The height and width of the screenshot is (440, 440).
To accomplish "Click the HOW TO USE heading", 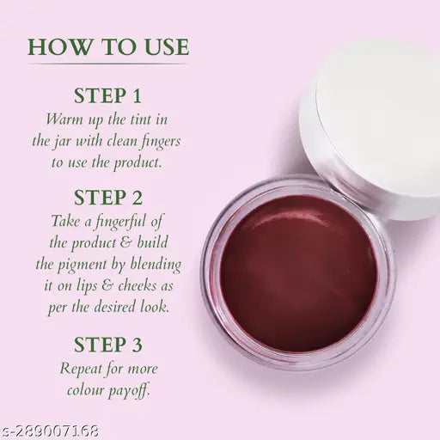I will [x=107, y=46].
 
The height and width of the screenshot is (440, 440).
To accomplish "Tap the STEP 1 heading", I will [x=107, y=95].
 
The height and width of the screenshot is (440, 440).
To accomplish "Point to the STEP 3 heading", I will [x=107, y=345].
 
